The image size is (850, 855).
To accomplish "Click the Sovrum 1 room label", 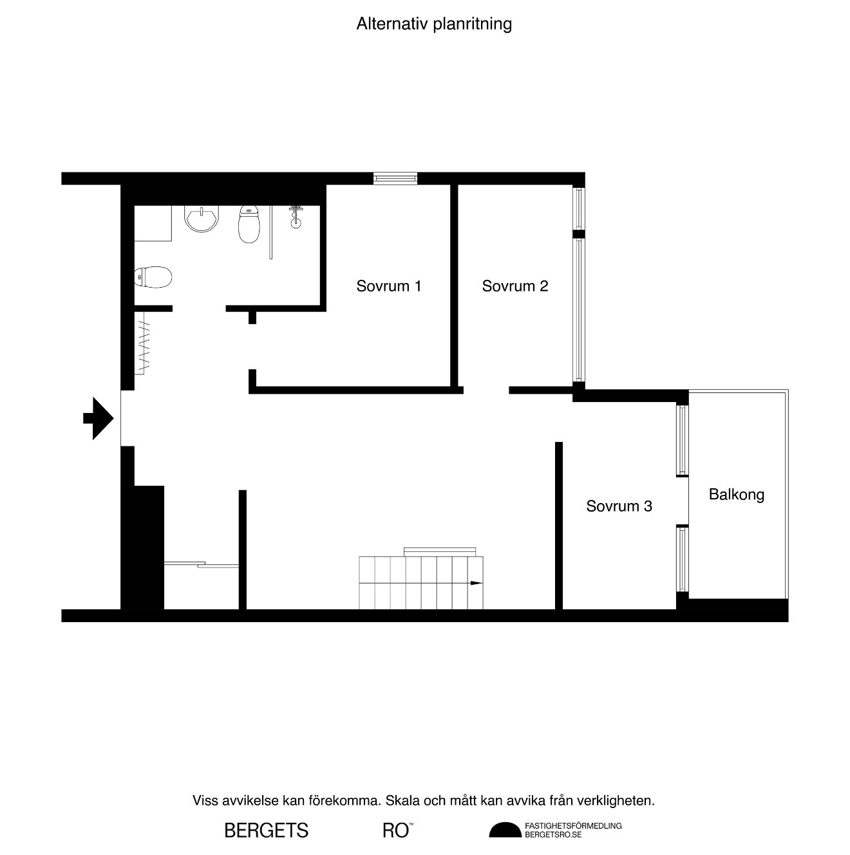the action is (388, 286).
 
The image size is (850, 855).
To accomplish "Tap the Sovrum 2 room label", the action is (515, 286).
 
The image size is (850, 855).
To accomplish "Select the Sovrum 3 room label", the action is (619, 506).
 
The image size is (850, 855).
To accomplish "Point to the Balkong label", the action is (736, 495).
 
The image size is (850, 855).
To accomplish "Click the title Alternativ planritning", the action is (433, 24).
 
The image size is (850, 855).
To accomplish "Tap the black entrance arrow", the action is (98, 418).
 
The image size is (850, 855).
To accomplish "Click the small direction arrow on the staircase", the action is (476, 583).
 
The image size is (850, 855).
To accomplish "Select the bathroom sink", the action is (202, 219).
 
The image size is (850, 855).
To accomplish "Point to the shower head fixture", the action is (296, 217).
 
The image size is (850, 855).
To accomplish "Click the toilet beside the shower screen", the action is (249, 224).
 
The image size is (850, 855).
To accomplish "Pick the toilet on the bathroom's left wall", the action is (153, 277).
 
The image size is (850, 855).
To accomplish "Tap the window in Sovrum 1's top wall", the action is (395, 178).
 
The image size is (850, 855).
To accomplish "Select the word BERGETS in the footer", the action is (266, 831).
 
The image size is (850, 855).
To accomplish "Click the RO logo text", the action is (397, 831).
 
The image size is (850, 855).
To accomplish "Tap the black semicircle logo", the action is (505, 829).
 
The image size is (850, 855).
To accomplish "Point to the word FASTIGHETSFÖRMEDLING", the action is (573, 825).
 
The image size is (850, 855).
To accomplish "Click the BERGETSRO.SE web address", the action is (553, 834).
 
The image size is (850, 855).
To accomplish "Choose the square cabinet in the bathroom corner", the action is (153, 223).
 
